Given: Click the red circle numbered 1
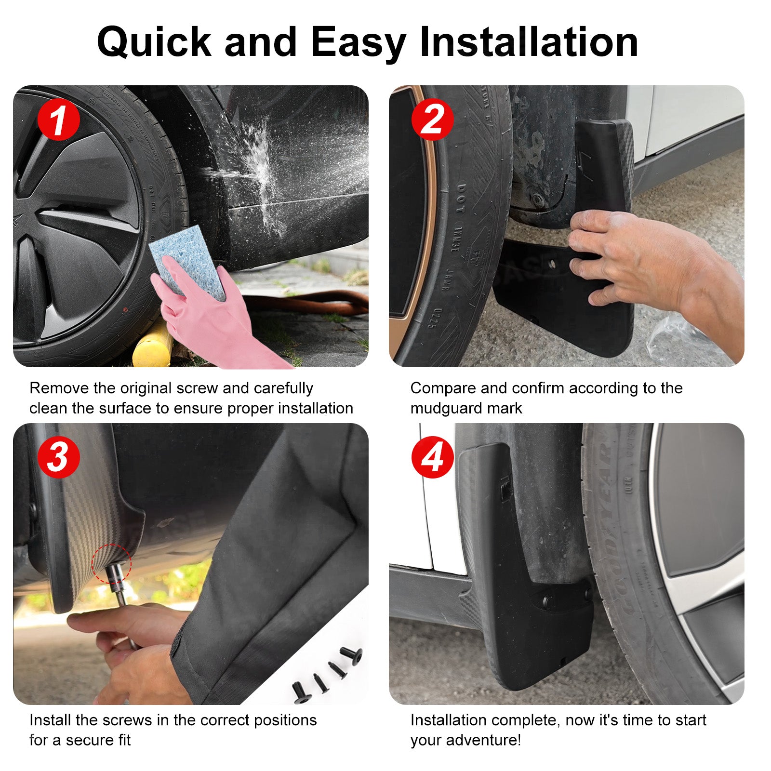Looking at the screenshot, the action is [58, 120].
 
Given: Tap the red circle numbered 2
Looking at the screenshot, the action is [432, 120].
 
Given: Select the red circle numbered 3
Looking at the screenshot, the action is [58, 457].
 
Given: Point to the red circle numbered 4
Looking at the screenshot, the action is [432, 457].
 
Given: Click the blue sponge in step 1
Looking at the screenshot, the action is [187, 260].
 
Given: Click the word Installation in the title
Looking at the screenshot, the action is [529, 41].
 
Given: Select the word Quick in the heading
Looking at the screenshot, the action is [154, 42].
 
